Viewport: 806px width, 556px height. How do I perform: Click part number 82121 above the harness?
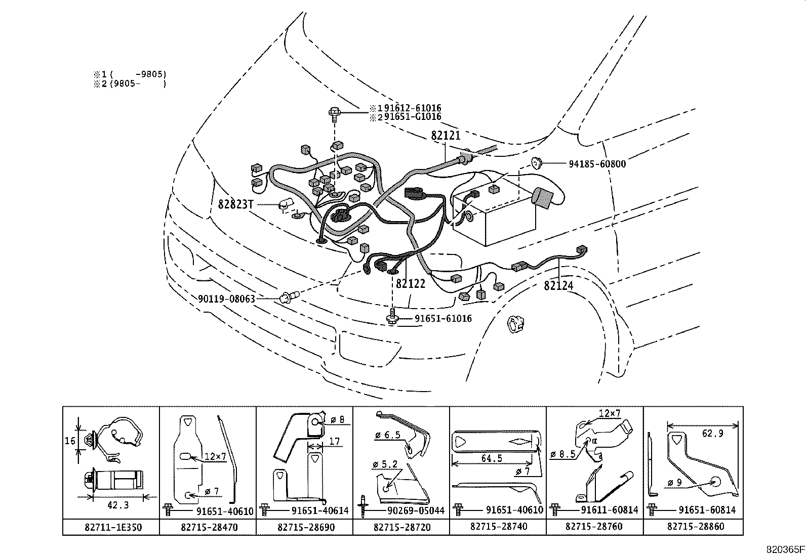pos(446,136)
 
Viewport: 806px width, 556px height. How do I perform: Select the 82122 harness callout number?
pos(411,284)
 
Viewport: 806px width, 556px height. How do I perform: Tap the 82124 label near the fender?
pos(558,285)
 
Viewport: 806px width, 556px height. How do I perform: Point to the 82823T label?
pos(235,204)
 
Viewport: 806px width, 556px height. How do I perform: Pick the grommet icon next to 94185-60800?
pos(536,163)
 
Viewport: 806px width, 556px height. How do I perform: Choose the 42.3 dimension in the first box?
pos(118,505)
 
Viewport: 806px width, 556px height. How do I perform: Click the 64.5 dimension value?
pos(492,458)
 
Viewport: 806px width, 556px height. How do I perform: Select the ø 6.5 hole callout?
pos(388,435)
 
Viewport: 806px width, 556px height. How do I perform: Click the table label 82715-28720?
pos(402,527)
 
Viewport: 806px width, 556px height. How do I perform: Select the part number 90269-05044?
pos(413,510)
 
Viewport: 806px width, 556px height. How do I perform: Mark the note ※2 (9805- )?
pos(130,84)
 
